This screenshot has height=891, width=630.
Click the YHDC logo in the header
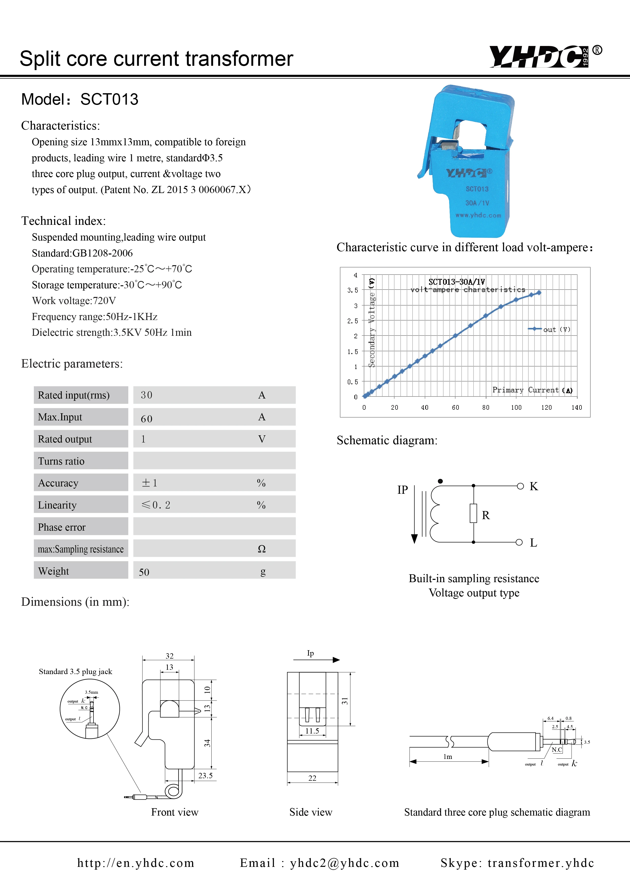tap(540, 57)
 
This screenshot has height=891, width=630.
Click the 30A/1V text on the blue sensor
tap(477, 203)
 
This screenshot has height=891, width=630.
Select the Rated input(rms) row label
tap(74, 395)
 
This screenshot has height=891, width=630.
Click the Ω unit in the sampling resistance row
tap(262, 549)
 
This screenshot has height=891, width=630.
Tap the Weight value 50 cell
tap(144, 572)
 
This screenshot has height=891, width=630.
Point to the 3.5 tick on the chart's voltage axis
tap(352, 290)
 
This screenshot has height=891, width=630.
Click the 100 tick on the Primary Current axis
tap(516, 407)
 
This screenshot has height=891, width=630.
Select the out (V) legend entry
tap(549, 329)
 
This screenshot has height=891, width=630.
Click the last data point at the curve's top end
tap(539, 293)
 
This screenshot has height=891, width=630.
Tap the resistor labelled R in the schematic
tap(473, 513)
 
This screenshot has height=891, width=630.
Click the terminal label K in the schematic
tap(534, 486)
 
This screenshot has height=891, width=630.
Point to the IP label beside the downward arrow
tap(403, 490)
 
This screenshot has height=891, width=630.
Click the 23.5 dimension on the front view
tap(205, 775)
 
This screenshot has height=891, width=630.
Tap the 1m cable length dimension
tap(448, 757)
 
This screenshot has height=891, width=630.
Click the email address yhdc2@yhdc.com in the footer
tap(344, 863)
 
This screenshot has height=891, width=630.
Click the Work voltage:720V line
tap(74, 301)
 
